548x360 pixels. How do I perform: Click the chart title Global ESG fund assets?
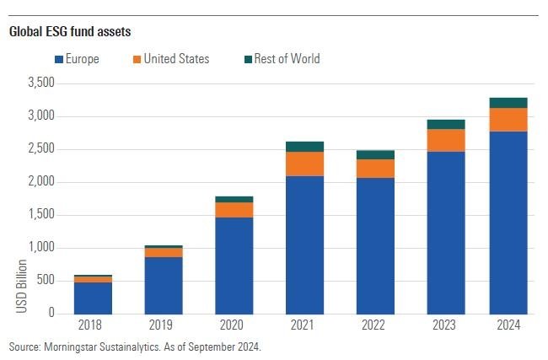[x=70, y=32]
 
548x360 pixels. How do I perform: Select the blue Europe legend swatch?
[x=59, y=59]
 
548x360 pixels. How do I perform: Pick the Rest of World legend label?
[x=287, y=59]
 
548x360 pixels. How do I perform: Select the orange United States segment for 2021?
[x=304, y=164]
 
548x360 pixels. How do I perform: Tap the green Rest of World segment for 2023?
[x=445, y=124]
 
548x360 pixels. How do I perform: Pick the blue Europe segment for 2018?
[x=93, y=298]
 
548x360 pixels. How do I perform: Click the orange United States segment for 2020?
[x=234, y=210]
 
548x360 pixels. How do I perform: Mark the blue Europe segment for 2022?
[x=375, y=245]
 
